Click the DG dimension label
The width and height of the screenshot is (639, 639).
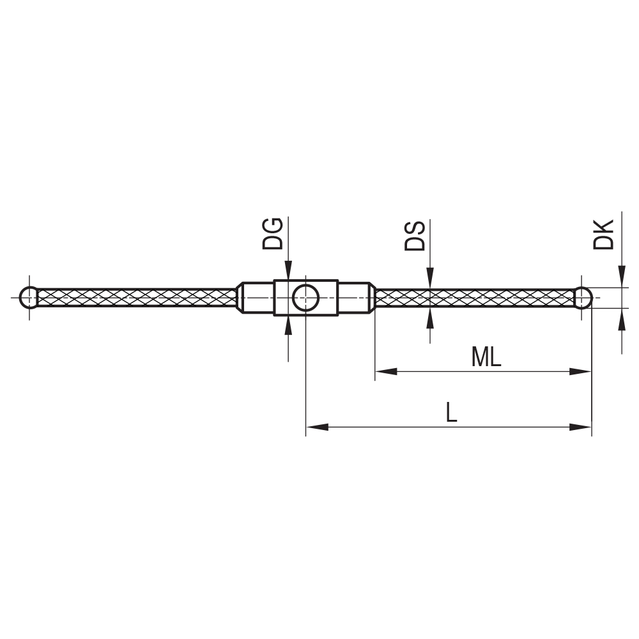(273, 233)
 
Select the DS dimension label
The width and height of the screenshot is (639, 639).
(415, 235)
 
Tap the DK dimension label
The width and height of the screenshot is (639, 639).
(604, 235)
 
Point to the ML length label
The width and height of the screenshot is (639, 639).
(486, 358)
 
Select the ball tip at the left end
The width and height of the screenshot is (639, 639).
(29, 298)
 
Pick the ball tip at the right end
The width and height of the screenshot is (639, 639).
(582, 298)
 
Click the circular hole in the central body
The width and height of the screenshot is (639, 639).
(305, 298)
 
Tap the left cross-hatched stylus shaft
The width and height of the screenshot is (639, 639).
(137, 298)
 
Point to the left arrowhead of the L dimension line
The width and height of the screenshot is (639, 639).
(317, 427)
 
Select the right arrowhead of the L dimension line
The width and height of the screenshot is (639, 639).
(581, 427)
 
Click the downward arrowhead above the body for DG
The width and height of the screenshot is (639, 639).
(289, 270)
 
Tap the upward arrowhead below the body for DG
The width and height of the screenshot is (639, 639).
(289, 325)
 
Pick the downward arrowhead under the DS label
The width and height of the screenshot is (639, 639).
(430, 279)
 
